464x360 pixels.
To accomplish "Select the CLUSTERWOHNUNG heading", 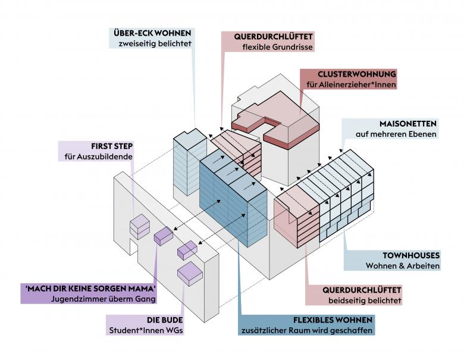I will (x=357, y=74).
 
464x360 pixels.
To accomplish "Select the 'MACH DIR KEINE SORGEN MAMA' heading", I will (x=90, y=288).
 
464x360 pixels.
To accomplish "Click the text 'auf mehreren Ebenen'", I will (x=396, y=135).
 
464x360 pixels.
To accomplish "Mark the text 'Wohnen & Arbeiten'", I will (x=403, y=265).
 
